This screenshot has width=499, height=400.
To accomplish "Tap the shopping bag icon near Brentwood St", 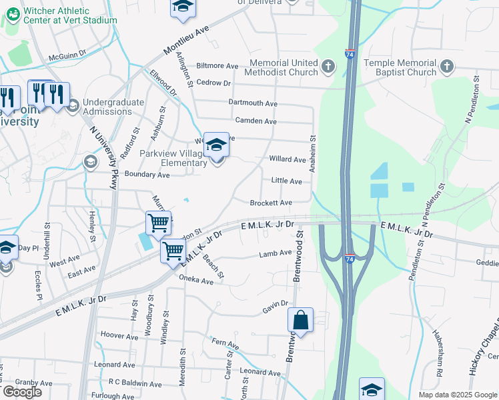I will click(x=301, y=320).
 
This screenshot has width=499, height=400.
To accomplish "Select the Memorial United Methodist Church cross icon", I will click(x=328, y=66).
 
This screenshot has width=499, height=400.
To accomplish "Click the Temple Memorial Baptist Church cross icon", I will click(x=447, y=66).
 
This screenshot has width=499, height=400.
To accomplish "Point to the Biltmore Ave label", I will click(x=217, y=67).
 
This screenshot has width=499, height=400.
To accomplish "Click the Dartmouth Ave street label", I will click(x=252, y=103).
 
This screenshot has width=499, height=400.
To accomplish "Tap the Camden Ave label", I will click(x=256, y=121).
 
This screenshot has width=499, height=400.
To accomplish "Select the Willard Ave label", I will click(x=287, y=159).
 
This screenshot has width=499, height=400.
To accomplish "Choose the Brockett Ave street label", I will click(x=271, y=203).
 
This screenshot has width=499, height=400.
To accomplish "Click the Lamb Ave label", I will click(x=276, y=253).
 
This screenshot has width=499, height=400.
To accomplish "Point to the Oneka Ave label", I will click(x=196, y=281).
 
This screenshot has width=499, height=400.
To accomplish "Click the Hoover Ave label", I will click(x=118, y=334).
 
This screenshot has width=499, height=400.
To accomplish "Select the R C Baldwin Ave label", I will click(x=135, y=384).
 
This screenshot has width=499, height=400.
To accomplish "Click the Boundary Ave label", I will click(x=143, y=175).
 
